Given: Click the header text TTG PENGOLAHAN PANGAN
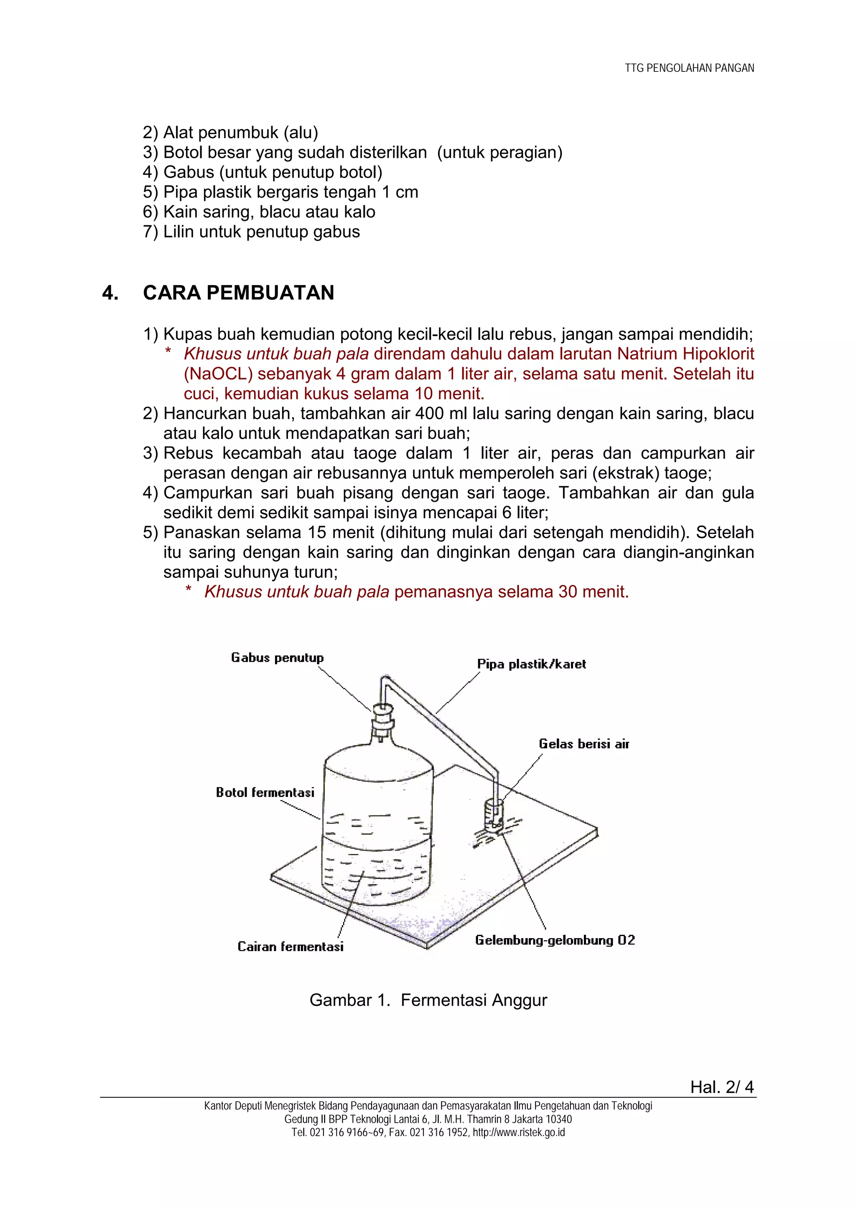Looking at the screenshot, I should (689, 68).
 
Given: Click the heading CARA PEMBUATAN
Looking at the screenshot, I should (238, 293).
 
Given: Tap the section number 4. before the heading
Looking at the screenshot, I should (110, 293).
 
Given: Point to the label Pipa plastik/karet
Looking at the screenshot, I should (531, 664).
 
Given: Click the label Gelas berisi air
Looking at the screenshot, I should (584, 744).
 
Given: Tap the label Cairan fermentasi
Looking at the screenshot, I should (290, 947).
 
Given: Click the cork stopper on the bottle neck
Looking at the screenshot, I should (383, 716).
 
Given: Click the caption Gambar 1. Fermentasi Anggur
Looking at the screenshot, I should (428, 1000).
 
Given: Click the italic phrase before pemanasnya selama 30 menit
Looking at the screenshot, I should (296, 592).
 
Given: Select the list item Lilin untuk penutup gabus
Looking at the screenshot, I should (252, 232).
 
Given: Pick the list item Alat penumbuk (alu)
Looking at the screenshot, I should (230, 133).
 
